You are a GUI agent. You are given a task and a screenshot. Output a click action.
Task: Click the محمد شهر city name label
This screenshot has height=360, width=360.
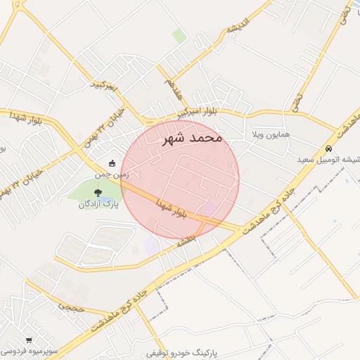(192, 138)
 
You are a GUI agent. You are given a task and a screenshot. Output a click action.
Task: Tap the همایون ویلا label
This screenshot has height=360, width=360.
(270, 134)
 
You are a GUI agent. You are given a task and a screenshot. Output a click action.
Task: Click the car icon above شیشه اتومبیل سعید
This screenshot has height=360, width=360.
(329, 149)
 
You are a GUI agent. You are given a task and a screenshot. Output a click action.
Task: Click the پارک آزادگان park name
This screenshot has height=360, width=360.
(97, 204)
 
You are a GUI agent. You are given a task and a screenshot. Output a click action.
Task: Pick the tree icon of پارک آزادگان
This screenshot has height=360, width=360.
(97, 191)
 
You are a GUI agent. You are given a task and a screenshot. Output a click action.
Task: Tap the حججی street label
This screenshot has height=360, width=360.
(71, 307)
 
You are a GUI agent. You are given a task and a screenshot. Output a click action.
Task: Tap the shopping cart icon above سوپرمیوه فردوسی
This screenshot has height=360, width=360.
(29, 339)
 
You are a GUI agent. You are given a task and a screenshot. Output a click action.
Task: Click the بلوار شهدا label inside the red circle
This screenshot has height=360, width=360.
(171, 209)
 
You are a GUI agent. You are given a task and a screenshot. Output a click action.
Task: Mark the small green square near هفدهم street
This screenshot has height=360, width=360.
(179, 35)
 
